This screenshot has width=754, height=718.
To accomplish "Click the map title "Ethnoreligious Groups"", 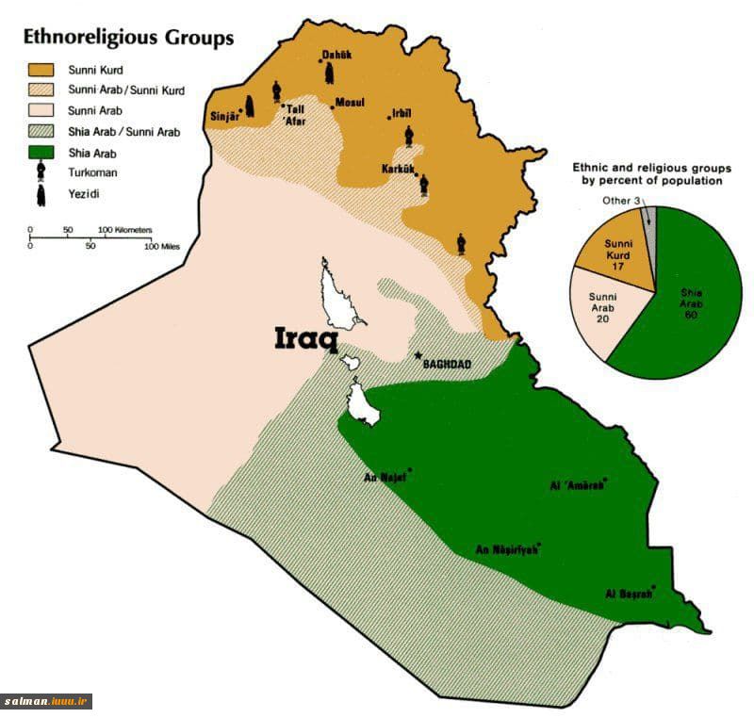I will pyautogui.click(x=128, y=39).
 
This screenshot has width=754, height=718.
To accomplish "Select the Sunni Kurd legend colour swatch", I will pyautogui.click(x=41, y=70).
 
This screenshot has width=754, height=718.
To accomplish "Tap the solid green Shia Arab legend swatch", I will pyautogui.click(x=41, y=152).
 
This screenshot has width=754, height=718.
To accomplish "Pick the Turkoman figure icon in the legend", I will pyautogui.click(x=41, y=171).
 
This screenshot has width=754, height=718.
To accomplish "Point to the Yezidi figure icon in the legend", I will pyautogui.click(x=41, y=194).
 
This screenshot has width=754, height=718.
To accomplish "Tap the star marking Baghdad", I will pyautogui.click(x=418, y=355).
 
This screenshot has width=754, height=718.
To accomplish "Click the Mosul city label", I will pyautogui.click(x=350, y=102).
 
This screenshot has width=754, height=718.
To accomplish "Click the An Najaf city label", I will pyautogui.click(x=385, y=477).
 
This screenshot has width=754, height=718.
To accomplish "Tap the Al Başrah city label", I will pyautogui.click(x=629, y=595).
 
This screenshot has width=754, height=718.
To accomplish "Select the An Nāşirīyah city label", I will pyautogui.click(x=506, y=550).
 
